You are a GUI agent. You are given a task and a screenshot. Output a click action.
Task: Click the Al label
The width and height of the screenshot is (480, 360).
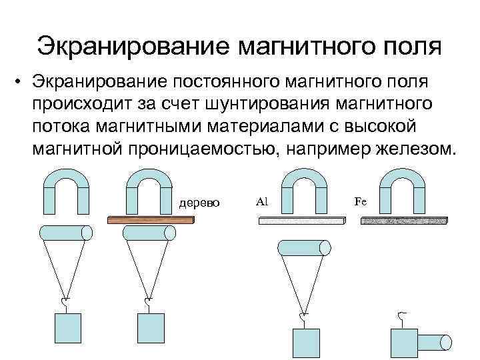[x=261, y=200]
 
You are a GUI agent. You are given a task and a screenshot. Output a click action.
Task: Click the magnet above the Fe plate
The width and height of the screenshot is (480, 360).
[x=405, y=186]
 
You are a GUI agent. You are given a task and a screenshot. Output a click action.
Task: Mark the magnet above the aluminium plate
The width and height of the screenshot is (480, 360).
[x=304, y=186]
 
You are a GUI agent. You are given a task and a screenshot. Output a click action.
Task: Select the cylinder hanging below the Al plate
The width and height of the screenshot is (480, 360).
[x=303, y=248]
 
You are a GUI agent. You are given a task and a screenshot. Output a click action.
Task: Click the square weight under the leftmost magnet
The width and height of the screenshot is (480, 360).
[x=67, y=328]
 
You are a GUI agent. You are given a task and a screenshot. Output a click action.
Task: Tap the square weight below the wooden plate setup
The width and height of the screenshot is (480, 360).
[x=150, y=328]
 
